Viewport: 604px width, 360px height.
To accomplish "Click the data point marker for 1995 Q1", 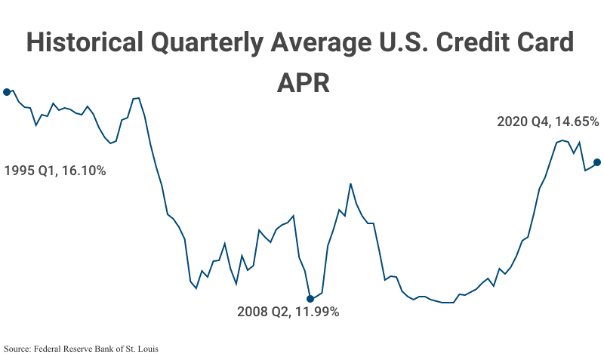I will (x=7, y=92).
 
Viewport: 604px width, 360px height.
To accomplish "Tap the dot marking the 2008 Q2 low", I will (x=310, y=299).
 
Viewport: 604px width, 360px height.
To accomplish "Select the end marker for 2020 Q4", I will (x=597, y=162).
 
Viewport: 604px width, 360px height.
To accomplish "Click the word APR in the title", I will (x=303, y=82).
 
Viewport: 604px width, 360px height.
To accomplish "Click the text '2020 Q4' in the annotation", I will (x=522, y=122).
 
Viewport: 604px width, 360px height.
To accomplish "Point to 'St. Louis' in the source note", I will (x=143, y=349).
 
